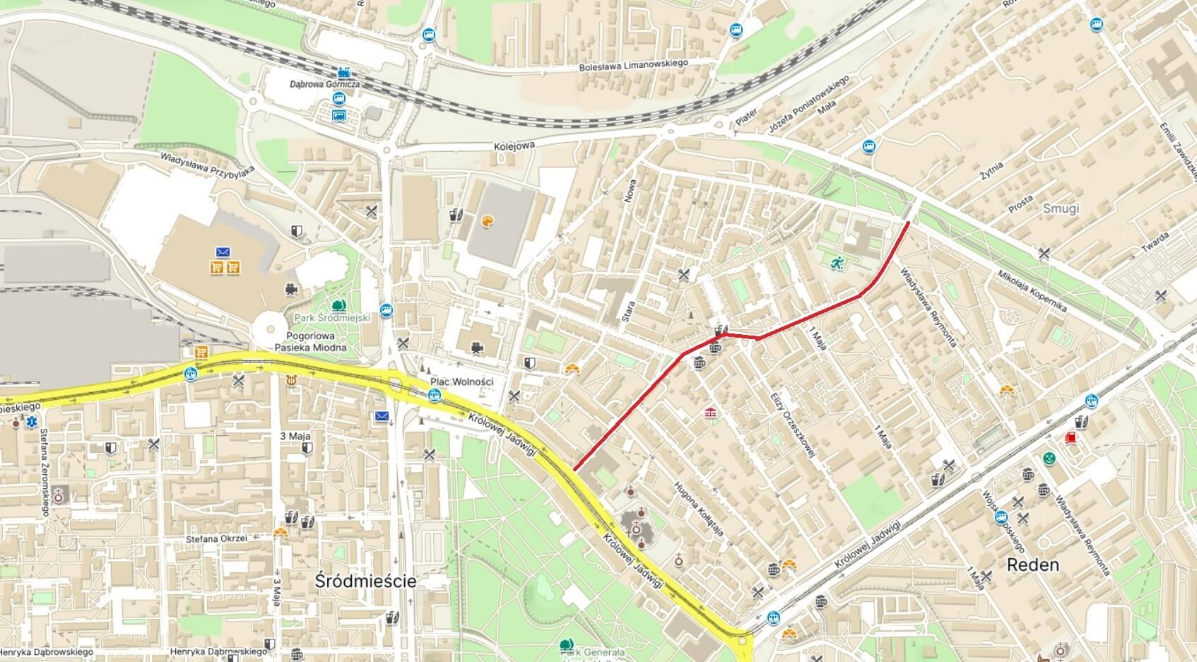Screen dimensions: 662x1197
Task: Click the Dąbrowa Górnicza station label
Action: point(324,84)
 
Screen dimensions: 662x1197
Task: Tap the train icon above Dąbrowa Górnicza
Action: point(344,72)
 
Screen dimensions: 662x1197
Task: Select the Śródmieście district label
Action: point(365,581)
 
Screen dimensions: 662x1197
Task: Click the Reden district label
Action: point(1032,565)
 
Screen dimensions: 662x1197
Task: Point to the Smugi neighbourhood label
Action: point(1061,208)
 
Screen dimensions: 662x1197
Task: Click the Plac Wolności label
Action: point(461,382)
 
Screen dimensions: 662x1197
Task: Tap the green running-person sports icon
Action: point(837,263)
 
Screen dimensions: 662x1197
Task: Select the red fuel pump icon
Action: point(1071,438)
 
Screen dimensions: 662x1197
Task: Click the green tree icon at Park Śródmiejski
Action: point(339,305)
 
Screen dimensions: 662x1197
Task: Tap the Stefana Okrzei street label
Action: point(216,538)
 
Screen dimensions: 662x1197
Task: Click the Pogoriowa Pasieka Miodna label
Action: point(316,341)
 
